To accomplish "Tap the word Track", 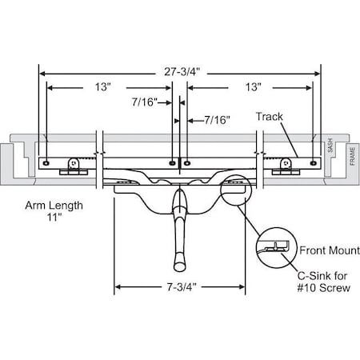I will click(x=270, y=116).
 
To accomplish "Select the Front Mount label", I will click(x=322, y=249).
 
